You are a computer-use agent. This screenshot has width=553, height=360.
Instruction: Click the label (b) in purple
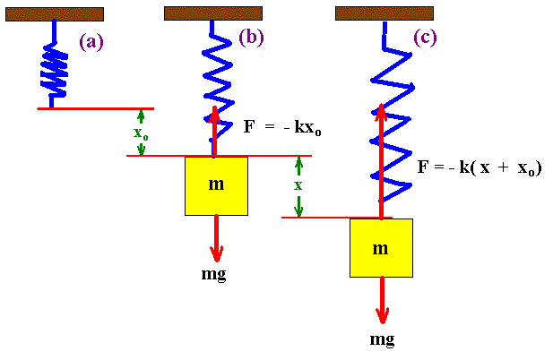(252, 38)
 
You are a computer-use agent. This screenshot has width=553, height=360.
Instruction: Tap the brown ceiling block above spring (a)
(54, 14)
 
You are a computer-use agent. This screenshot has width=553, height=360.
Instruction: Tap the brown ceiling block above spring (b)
(213, 13)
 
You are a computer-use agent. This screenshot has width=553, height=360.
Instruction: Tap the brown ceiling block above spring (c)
(384, 13)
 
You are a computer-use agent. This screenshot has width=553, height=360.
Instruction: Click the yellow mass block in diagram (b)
(216, 185)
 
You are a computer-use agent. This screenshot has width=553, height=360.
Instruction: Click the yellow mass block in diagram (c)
(381, 247)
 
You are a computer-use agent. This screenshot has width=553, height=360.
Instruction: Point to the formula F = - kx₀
(282, 128)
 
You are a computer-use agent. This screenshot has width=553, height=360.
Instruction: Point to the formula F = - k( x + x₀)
(480, 168)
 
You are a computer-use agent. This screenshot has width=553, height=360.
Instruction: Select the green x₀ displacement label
(141, 133)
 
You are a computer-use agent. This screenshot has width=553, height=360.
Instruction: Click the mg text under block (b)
(214, 273)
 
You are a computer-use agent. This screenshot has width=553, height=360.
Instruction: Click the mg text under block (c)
(382, 339)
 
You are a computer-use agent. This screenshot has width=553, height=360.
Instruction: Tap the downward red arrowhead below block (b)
(216, 253)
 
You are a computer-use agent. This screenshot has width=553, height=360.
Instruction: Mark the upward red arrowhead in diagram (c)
(381, 113)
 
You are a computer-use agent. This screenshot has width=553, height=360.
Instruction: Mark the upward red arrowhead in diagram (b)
(215, 113)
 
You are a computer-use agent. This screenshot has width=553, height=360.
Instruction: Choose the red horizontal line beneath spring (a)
(95, 108)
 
